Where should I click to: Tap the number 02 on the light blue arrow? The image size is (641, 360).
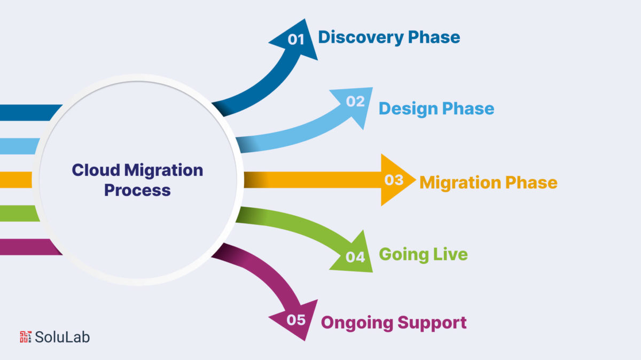(355, 101)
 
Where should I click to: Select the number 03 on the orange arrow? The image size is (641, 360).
(394, 180)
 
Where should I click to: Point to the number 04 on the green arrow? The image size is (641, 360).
(355, 257)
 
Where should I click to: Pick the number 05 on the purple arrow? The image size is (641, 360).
(296, 320)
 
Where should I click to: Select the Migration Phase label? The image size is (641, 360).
(488, 182)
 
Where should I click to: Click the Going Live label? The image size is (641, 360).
(423, 254)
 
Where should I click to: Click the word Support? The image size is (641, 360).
(433, 323)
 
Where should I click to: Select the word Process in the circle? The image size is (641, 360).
(137, 190)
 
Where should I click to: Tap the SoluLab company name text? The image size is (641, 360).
(62, 336)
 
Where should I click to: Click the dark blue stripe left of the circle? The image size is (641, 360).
(27, 112)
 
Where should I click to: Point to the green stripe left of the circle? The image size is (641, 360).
(18, 213)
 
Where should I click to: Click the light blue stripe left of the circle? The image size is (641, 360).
(18, 146)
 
